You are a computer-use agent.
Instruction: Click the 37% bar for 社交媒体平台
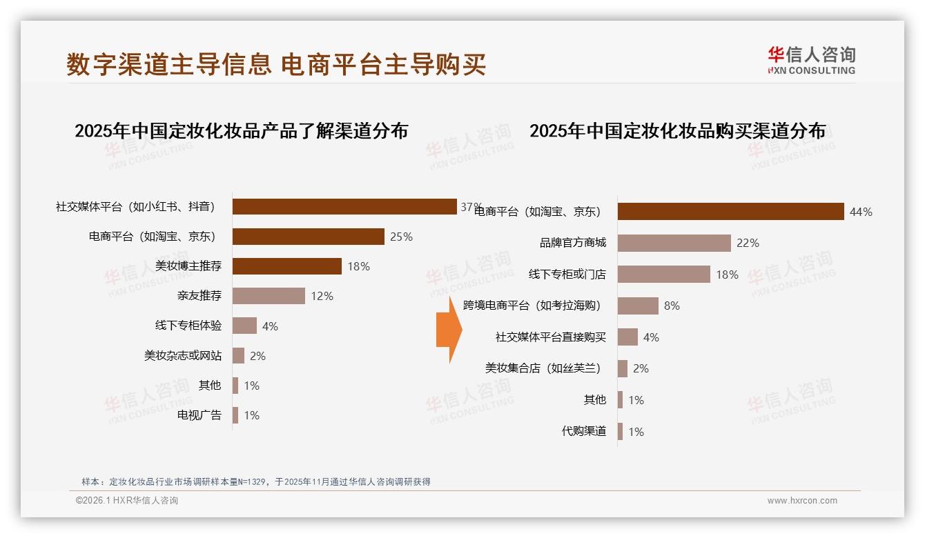click(344, 207)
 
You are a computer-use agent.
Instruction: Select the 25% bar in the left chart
click(308, 237)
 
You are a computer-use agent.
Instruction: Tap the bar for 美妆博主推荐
click(286, 266)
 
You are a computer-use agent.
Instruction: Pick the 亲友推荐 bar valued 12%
click(269, 296)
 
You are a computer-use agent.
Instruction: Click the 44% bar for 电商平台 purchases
click(730, 212)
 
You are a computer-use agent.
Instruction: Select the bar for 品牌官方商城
click(674, 243)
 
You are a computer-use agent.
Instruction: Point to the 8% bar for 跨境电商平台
click(638, 306)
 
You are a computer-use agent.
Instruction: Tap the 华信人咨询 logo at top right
click(811, 61)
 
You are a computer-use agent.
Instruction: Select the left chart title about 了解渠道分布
click(241, 130)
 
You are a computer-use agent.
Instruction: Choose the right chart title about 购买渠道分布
click(677, 130)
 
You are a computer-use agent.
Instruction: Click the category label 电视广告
click(199, 415)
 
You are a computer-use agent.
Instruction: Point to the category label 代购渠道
click(584, 432)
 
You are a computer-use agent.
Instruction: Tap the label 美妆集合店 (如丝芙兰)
click(543, 368)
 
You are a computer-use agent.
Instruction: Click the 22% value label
click(748, 243)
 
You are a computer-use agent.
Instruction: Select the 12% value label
click(322, 296)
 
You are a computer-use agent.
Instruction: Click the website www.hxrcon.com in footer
click(802, 501)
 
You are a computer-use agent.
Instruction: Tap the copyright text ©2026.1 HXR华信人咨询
click(127, 501)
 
